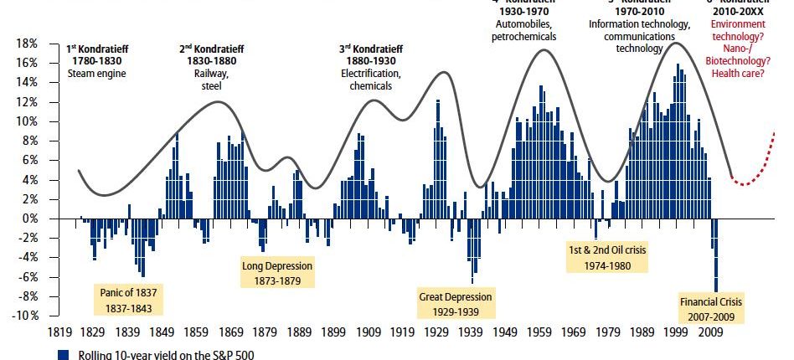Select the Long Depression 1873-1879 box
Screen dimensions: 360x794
coord(277,273)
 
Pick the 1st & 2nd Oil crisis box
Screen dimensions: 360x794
coord(608,257)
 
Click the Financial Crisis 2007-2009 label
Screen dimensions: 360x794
coord(711,308)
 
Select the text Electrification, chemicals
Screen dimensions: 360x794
coord(369,80)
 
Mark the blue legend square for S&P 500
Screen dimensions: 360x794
coord(62,353)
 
